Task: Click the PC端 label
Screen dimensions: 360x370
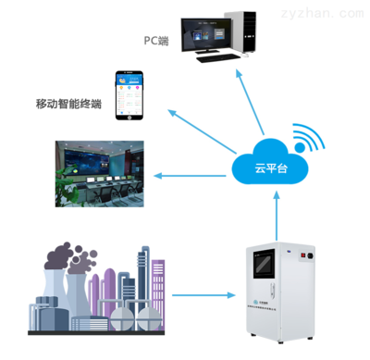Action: [x=155, y=42]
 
